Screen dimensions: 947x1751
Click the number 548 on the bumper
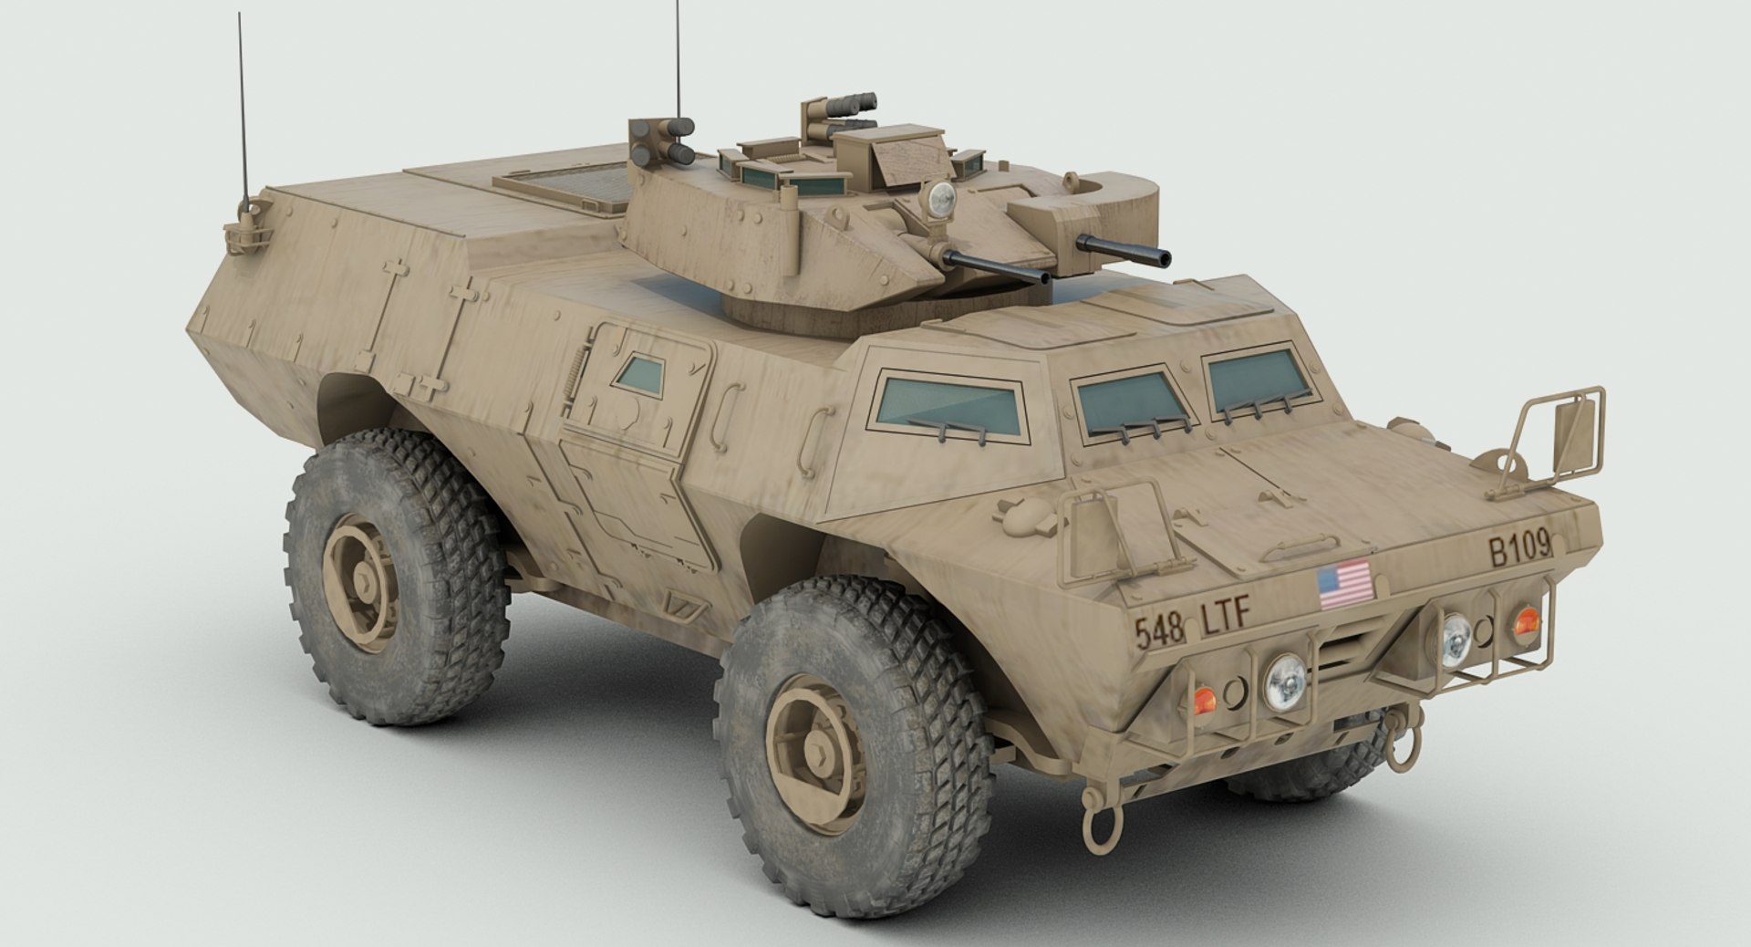pos(1159,629)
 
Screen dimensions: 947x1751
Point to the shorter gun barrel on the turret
pos(1106,245)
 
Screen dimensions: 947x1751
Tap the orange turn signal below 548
pos(1204,700)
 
